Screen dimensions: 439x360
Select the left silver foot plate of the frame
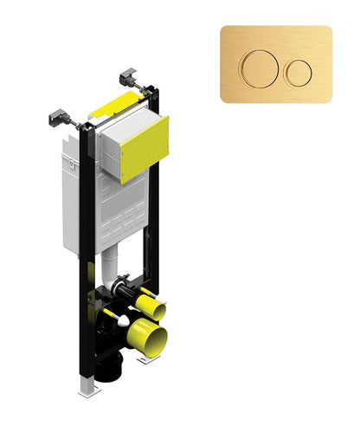(x=87, y=390)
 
